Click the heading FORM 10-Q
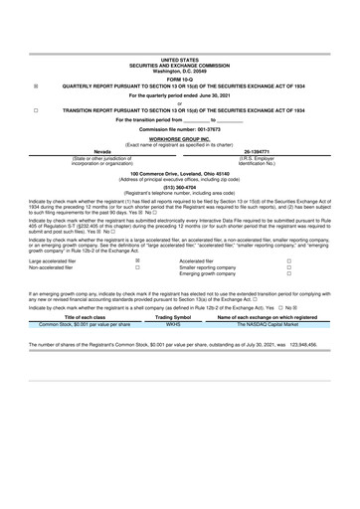[x=180, y=80]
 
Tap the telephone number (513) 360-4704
[x=180, y=186]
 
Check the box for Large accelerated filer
[x=137, y=260]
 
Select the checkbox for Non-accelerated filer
[x=137, y=267]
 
